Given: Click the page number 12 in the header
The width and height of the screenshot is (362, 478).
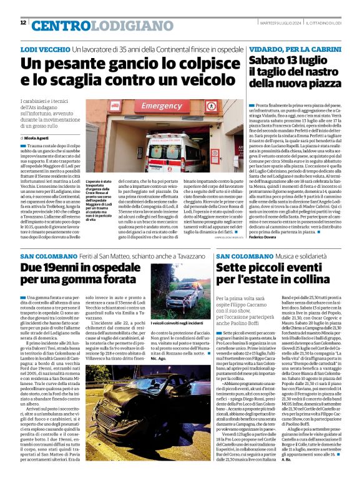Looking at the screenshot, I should click(x=23, y=23).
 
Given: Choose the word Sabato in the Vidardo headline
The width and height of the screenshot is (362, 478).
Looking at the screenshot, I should click(x=270, y=61).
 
